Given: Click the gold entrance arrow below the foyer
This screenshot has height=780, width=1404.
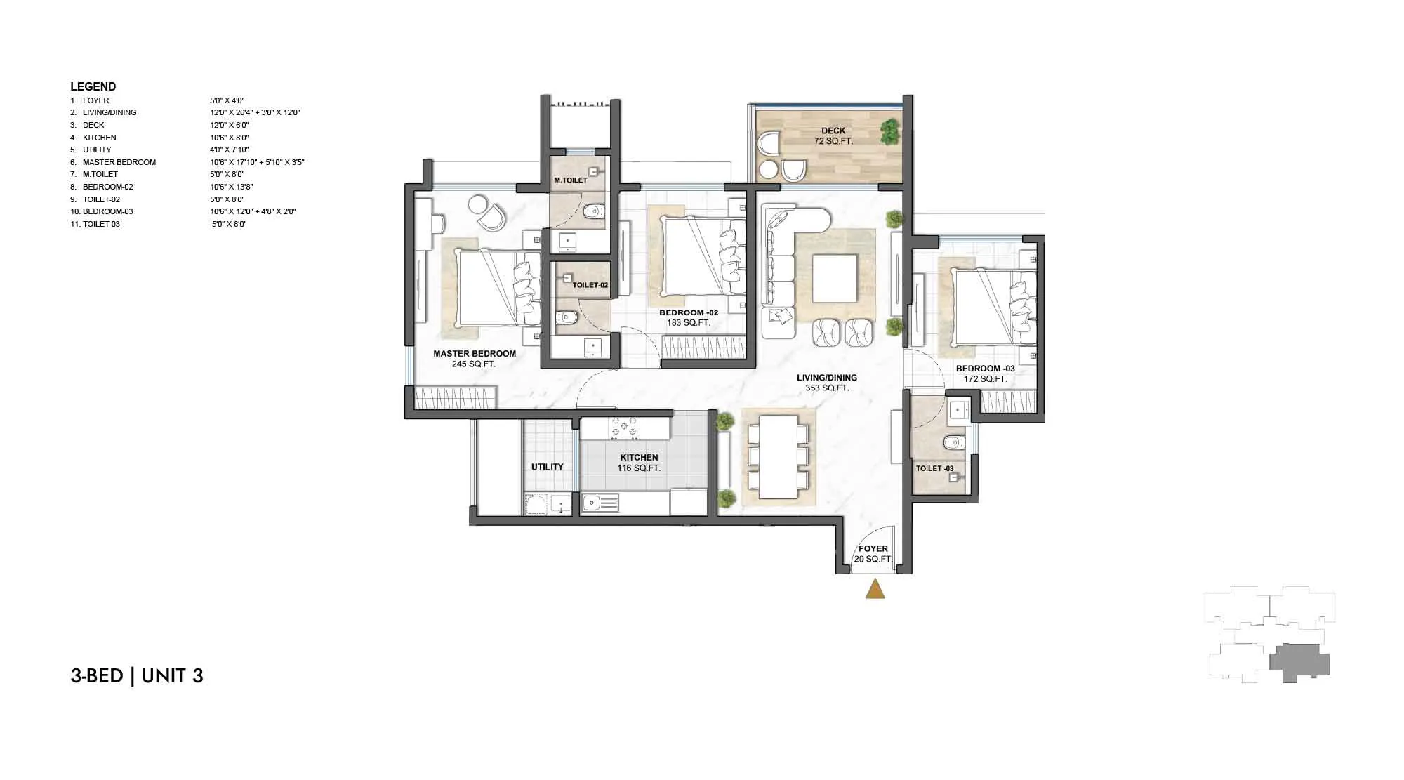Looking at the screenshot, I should [x=875, y=589].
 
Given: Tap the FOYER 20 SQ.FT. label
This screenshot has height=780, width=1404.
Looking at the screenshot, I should [x=873, y=554].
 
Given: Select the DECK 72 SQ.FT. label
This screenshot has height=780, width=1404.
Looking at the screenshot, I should [x=833, y=135].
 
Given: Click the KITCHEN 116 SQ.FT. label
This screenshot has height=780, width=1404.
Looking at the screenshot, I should [x=639, y=463].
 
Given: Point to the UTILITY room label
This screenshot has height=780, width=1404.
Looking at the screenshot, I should [x=548, y=467].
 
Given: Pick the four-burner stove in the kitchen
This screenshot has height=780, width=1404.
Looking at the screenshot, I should [x=624, y=427].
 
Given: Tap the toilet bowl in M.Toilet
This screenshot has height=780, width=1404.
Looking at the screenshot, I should [x=595, y=210].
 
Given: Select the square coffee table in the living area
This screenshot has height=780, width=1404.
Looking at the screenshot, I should [x=835, y=278].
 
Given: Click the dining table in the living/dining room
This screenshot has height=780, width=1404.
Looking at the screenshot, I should [x=778, y=457].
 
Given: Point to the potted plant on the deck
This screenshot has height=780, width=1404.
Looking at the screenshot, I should [x=889, y=131].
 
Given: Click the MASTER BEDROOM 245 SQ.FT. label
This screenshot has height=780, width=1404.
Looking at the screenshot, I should [x=475, y=359].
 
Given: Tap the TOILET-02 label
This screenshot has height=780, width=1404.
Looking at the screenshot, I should [x=590, y=285].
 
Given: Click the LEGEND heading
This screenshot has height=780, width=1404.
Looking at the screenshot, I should [x=93, y=86].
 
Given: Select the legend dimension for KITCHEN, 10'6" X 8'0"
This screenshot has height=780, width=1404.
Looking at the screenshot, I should [x=230, y=138].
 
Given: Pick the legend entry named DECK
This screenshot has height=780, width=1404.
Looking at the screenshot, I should [x=93, y=125].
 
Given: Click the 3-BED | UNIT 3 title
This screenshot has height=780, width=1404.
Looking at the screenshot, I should [x=137, y=675].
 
